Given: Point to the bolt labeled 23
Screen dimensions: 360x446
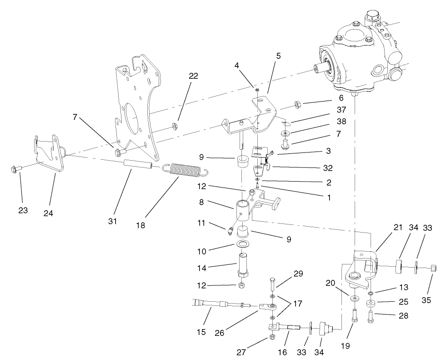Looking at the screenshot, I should (14, 170).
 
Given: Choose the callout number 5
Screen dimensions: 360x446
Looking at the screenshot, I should (278, 56).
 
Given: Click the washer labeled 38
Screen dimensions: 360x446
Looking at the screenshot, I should (286, 134).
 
